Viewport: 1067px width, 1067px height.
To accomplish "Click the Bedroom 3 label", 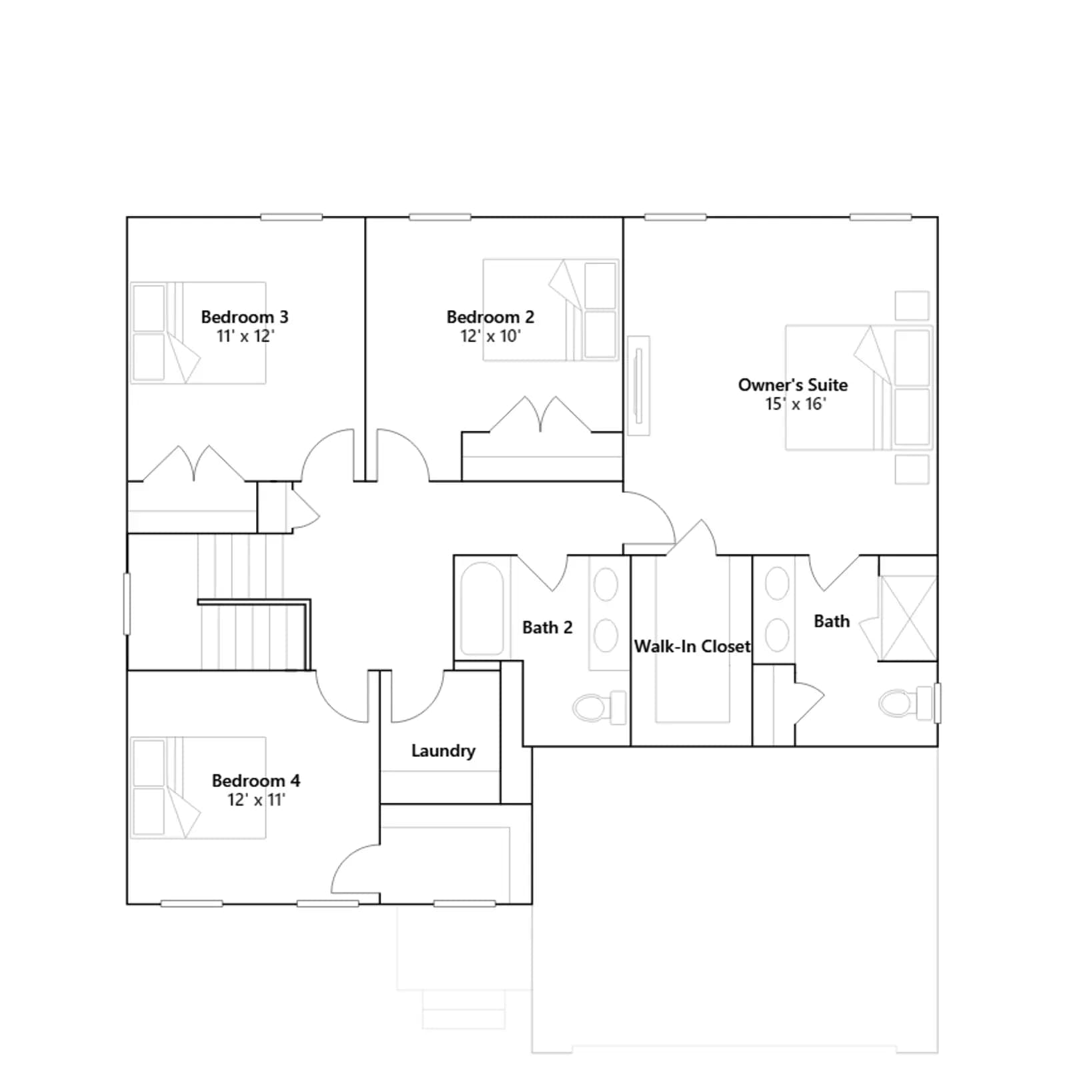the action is click(x=245, y=317).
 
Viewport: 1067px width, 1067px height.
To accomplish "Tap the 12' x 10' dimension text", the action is click(x=490, y=336).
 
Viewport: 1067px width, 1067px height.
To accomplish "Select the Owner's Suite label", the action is click(x=793, y=385).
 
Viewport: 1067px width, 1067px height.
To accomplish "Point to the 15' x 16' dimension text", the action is click(x=795, y=404).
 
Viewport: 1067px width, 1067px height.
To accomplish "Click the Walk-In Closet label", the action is click(x=692, y=646).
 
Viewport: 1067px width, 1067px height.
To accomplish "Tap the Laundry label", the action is click(x=443, y=751).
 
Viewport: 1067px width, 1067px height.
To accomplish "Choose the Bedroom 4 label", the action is click(x=256, y=780).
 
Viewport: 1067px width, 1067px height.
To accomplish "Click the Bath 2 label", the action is click(x=548, y=628).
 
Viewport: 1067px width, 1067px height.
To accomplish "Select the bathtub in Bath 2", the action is click(x=482, y=610).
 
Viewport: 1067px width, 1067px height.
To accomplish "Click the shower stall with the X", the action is click(x=908, y=618).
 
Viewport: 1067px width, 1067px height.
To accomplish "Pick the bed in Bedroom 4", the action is click(x=198, y=788).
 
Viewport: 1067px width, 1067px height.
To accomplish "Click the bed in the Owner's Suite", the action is click(x=858, y=387).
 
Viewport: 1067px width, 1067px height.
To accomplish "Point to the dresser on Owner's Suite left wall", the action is click(x=639, y=385).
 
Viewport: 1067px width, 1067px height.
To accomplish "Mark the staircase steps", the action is click(x=254, y=602).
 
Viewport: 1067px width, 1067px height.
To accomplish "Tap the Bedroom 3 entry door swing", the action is click(x=327, y=455).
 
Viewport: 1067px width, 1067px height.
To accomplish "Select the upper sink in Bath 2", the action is click(x=606, y=585).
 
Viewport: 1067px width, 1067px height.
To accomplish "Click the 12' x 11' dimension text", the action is click(x=256, y=800).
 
